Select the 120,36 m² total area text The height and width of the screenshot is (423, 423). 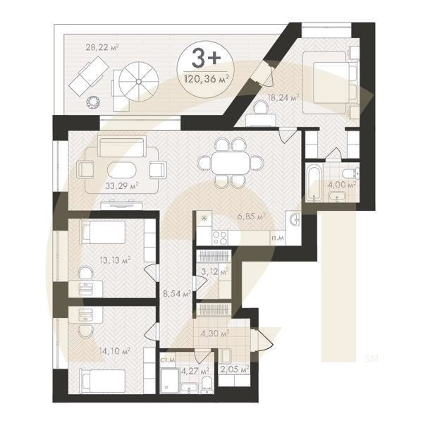205,78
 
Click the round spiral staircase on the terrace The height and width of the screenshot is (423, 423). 135,81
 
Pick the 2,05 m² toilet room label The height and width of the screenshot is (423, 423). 235,368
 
